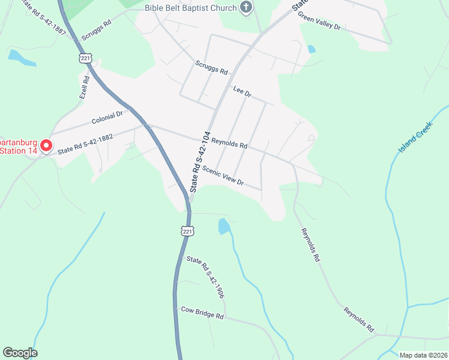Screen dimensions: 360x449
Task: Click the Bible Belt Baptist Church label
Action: (190, 8)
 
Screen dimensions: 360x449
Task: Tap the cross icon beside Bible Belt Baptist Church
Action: (246, 7)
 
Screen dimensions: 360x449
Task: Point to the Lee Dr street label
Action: (242, 91)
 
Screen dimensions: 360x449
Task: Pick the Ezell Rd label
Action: (85, 87)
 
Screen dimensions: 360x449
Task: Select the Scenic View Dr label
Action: (223, 175)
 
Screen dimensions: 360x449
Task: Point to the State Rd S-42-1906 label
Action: (205, 277)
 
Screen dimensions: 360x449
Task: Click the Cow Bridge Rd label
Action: (202, 313)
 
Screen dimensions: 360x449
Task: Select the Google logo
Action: (20, 353)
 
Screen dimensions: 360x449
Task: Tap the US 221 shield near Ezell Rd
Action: (83, 57)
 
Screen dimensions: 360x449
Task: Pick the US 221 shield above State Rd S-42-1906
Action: (187, 231)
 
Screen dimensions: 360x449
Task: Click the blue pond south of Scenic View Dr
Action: (223, 226)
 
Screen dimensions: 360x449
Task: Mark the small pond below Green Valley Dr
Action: (310, 49)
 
